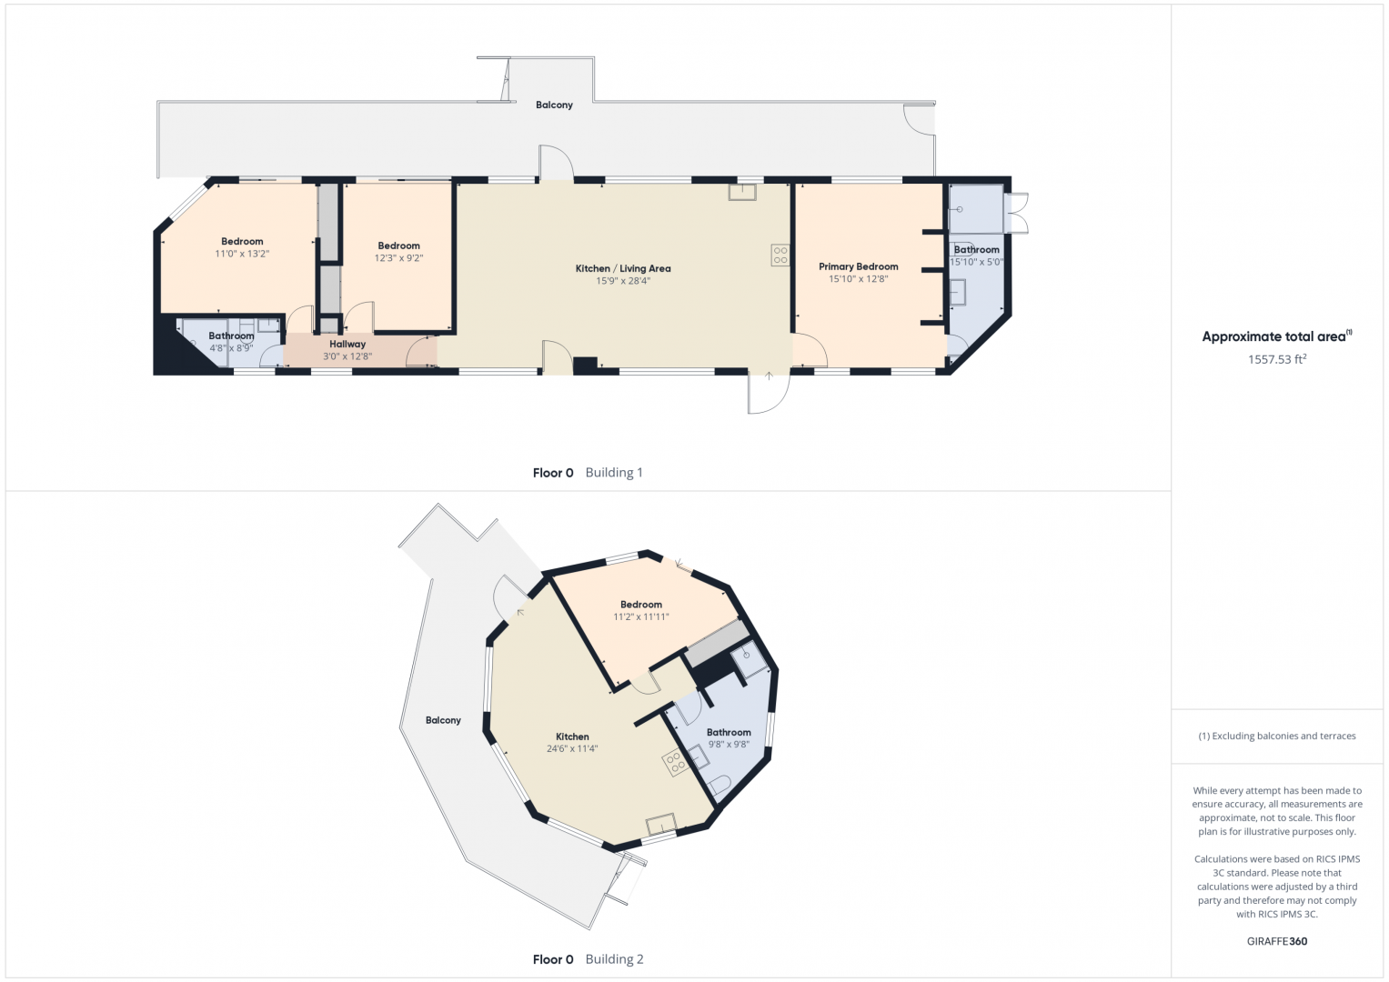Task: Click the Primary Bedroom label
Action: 858,266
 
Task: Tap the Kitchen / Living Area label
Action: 623,268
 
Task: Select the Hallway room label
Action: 347,344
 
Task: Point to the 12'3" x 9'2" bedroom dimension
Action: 398,258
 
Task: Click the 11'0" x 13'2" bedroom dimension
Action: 242,254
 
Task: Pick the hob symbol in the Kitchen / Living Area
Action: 780,255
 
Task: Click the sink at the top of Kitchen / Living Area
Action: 742,192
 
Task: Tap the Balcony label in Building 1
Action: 554,105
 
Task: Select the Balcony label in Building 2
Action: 443,720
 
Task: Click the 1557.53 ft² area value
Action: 1277,359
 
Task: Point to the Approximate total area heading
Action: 1277,336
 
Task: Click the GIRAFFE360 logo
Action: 1277,941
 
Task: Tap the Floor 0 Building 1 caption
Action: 588,473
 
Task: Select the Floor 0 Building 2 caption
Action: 588,959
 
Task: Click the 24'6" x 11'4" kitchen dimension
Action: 572,748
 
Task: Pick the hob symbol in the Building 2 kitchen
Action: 675,763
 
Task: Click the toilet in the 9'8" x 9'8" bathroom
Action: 720,785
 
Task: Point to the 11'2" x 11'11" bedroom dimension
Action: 641,616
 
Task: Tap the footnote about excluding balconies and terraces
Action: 1277,736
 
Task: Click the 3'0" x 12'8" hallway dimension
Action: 347,356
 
